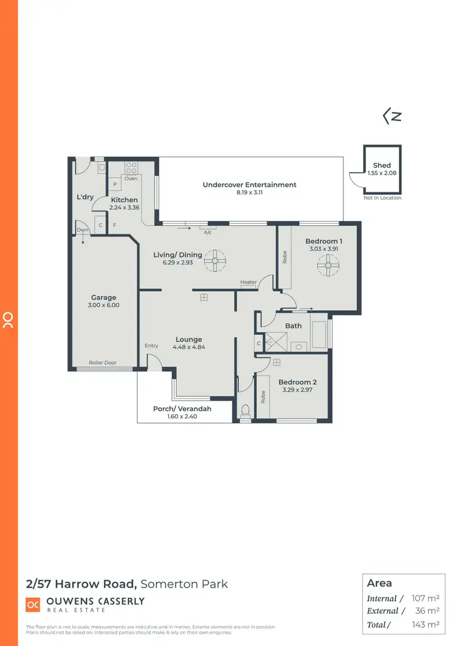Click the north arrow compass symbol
coord(392,116)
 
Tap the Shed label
coord(382,165)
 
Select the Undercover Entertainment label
coord(249,184)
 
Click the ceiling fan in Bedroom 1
coord(328,264)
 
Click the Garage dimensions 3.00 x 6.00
coord(104,305)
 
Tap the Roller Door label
coord(102,362)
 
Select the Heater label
coord(248,282)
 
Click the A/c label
coord(208,233)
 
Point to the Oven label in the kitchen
coord(131,178)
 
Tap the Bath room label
coord(294,326)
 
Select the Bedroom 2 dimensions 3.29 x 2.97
coord(297,390)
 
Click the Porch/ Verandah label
coord(182,409)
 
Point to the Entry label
coord(151,346)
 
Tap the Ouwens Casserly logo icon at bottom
coord(33,604)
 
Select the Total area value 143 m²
coord(426,625)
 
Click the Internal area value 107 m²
coord(426,599)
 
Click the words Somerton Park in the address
coord(184,584)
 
